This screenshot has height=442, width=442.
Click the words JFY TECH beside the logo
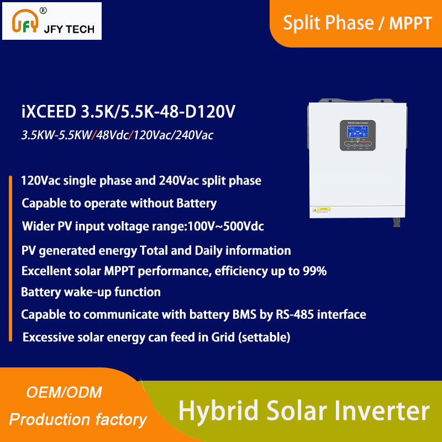pos(69,29)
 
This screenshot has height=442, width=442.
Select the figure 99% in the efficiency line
pos(314,271)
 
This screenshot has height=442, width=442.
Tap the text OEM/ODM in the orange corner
pos(65,393)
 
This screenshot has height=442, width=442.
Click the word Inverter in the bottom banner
pos(382,412)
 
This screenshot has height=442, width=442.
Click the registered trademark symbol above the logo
pos(44,10)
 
